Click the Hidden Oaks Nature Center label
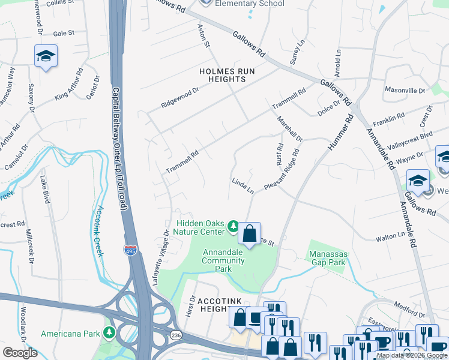pos(201,226)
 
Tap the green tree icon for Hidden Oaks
pos(234,227)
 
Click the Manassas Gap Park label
pos(327,258)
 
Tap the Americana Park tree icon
pos(109,332)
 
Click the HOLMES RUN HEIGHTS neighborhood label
pos(228,76)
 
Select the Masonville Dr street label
pos(405,90)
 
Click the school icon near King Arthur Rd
pos(46,56)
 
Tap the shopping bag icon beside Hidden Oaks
pos(250,233)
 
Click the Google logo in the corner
pos(20,353)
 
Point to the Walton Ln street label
pos(390,238)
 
